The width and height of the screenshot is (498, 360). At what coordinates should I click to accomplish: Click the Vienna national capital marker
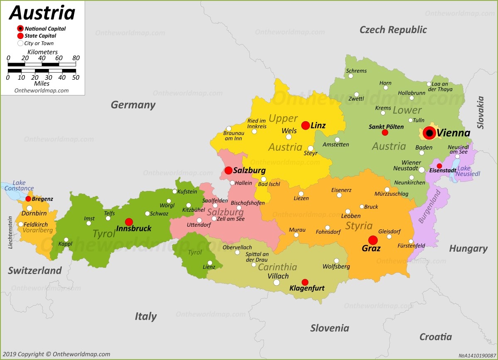430,133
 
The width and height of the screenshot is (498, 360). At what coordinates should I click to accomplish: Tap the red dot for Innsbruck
129,222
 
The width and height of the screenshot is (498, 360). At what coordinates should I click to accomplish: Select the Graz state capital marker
373,240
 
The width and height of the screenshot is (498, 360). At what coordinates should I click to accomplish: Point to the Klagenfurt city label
307,288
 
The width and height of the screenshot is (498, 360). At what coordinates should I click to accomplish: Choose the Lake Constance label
19,186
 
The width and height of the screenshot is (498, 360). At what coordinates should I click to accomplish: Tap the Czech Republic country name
393,29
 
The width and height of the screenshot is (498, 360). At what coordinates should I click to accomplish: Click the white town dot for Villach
276,283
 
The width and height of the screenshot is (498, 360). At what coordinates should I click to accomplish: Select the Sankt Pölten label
386,127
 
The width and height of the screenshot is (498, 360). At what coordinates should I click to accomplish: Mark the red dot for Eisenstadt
439,166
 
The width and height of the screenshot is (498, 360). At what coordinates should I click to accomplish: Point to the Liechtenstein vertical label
10,233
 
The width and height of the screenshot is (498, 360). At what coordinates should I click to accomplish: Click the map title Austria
42,13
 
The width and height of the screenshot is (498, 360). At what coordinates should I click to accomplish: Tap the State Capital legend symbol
20,36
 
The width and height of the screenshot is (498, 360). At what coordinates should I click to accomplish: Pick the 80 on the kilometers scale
76,58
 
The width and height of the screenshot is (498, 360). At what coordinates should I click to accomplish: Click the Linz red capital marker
305,125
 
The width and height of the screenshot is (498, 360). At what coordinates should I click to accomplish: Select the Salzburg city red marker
229,170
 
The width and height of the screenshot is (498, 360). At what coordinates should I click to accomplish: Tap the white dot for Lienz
210,262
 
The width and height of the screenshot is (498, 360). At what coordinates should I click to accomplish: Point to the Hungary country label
468,248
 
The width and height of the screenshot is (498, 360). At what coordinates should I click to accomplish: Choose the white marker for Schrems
351,76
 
